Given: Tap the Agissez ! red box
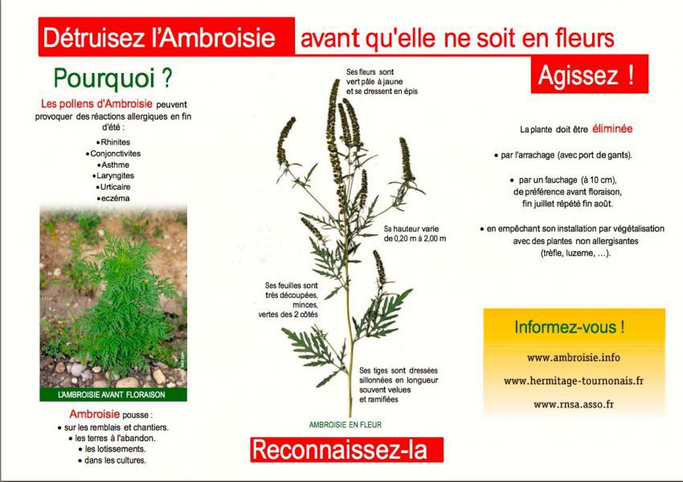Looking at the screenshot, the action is pyautogui.click(x=589, y=74).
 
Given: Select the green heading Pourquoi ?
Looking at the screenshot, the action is pyautogui.click(x=112, y=79).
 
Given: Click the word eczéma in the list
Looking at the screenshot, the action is pyautogui.click(x=115, y=198).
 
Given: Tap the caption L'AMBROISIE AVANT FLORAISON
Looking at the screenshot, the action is pyautogui.click(x=112, y=394).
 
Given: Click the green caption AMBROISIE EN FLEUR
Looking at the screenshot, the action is pyautogui.click(x=345, y=424).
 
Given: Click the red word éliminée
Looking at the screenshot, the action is pyautogui.click(x=612, y=129).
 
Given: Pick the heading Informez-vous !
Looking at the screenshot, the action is pyautogui.click(x=570, y=327).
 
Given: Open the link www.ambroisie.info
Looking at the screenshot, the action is pyautogui.click(x=573, y=357).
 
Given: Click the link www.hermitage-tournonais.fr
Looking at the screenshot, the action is pyautogui.click(x=573, y=381).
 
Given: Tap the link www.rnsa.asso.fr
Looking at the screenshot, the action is pyautogui.click(x=573, y=404).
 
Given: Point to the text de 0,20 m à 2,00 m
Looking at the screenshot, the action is pyautogui.click(x=415, y=239).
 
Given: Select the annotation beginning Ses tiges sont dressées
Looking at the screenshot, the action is pyautogui.click(x=399, y=385).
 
